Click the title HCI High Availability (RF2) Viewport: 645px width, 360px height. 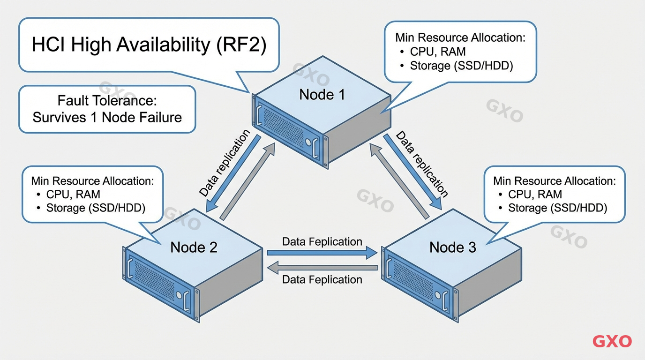coord(149,45)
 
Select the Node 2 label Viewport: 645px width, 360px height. coord(194,247)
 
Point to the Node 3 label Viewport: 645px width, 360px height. coord(452,247)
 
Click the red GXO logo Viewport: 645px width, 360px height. coord(612,341)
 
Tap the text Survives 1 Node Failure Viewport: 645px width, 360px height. coord(107,117)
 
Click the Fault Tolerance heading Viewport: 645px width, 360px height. coord(107,100)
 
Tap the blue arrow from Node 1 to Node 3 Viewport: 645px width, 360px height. coord(412,172)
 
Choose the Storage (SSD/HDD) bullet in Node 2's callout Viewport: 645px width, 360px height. coord(96,208)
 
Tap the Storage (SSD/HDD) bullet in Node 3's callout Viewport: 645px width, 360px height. coord(557,208)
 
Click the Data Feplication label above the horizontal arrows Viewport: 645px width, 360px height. coord(322,242)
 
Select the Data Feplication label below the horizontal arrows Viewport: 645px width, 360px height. coord(322,280)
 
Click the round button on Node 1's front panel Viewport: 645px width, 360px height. coord(308,142)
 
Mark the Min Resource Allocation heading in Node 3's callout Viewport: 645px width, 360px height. coord(554,181)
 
